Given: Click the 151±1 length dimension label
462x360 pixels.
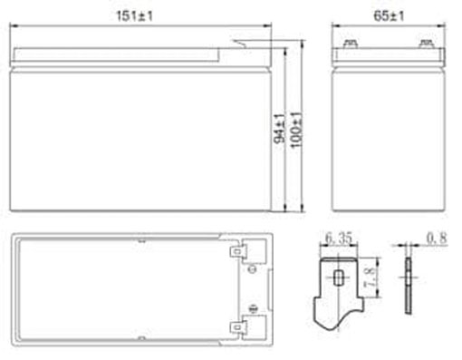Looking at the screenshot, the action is (135, 15).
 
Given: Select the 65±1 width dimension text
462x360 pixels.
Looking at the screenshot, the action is (389, 15).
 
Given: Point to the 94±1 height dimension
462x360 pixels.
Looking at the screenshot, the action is (279, 128).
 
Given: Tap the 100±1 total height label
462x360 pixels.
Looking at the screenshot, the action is (296, 130).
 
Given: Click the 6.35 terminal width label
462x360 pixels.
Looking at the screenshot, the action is (339, 238).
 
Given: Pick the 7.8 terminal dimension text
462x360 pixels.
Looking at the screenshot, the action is (371, 277).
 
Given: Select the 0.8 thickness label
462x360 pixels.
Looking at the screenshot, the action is (437, 238).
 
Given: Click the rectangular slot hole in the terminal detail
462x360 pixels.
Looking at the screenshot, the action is (338, 277).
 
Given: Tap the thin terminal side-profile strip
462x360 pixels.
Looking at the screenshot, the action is (409, 286).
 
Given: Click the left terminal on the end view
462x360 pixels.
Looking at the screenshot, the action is (351, 44).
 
